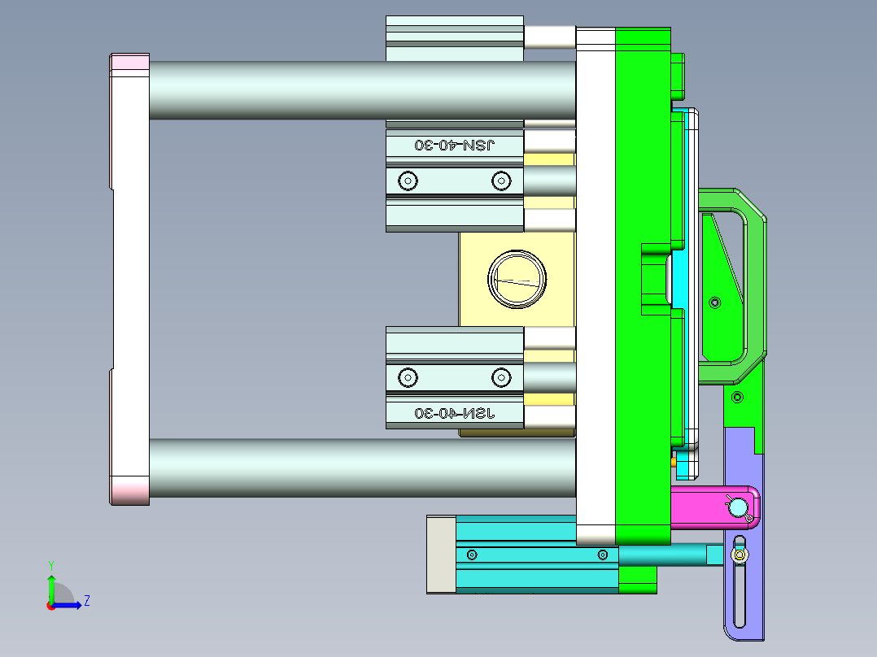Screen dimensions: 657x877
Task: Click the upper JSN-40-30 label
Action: coord(455,145)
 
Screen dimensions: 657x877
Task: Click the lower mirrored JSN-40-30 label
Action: coord(455,413)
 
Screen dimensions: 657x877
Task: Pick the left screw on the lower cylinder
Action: coord(407,377)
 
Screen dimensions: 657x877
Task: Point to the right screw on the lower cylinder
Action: coord(500,377)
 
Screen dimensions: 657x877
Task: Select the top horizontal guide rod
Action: coord(358,89)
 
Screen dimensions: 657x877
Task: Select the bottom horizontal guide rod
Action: coord(358,468)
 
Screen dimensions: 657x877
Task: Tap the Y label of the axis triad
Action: coord(51,564)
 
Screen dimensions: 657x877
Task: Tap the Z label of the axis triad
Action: coord(86,602)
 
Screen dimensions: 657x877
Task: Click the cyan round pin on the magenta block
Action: coord(738,508)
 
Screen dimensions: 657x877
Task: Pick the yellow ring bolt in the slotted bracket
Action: coord(740,555)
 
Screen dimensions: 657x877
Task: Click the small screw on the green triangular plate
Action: coord(715,302)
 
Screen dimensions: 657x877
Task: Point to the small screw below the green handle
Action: coord(737,397)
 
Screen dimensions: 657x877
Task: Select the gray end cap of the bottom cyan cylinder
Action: coord(441,555)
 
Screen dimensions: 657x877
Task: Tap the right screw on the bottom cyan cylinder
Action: coord(602,555)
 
